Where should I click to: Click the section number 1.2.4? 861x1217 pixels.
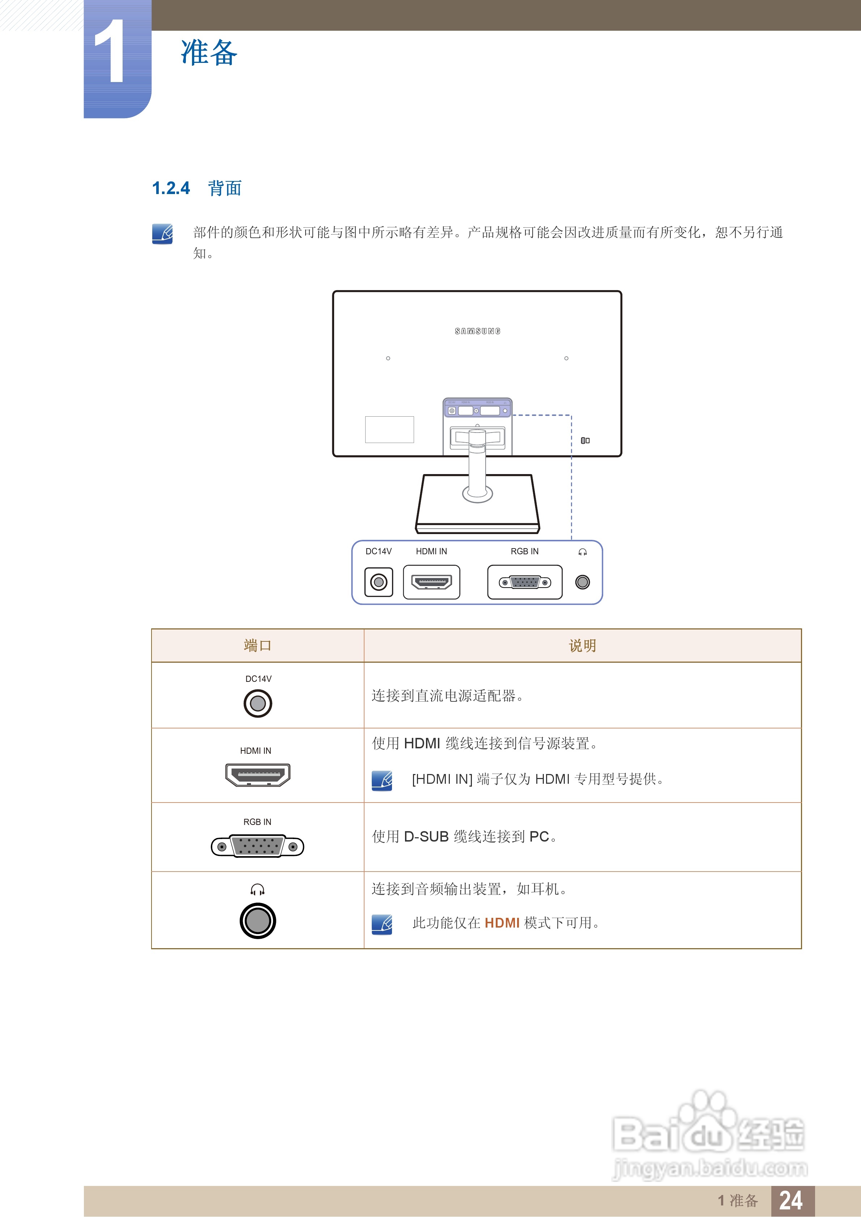coord(170,188)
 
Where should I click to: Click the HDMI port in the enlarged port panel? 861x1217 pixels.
coord(431,582)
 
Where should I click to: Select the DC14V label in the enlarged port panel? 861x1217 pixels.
coord(378,551)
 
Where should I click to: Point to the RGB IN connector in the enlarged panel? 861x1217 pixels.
coord(525,582)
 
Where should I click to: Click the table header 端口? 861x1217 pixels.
coord(257,646)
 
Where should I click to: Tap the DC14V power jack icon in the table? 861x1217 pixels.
coord(258,704)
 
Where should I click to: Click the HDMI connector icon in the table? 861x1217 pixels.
coord(258,775)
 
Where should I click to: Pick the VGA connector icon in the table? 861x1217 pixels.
coord(257,846)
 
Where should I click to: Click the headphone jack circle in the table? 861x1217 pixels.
coord(258,921)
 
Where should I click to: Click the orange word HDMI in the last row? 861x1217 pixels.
coord(502,923)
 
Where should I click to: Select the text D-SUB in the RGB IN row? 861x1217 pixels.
coord(426,837)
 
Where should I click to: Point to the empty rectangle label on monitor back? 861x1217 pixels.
coord(389,429)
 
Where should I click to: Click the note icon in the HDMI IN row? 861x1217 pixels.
coord(382,780)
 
